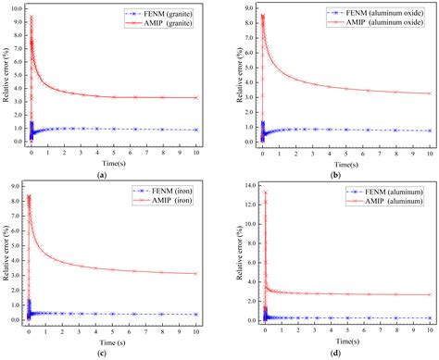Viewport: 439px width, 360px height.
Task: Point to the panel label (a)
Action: pyautogui.click(x=113, y=173)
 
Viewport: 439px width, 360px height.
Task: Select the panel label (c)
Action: pyautogui.click(x=113, y=354)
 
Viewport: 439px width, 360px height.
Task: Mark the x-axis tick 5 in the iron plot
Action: pyautogui.click(x=113, y=330)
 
